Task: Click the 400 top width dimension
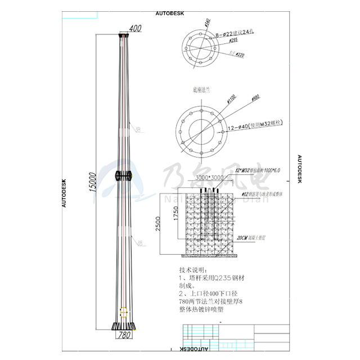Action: point(135,28)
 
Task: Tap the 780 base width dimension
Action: point(124,335)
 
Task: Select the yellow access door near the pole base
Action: point(124,310)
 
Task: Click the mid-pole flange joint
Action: point(124,176)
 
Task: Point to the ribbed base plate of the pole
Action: point(124,326)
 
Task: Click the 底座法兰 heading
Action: point(202,88)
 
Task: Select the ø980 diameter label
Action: point(256,99)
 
